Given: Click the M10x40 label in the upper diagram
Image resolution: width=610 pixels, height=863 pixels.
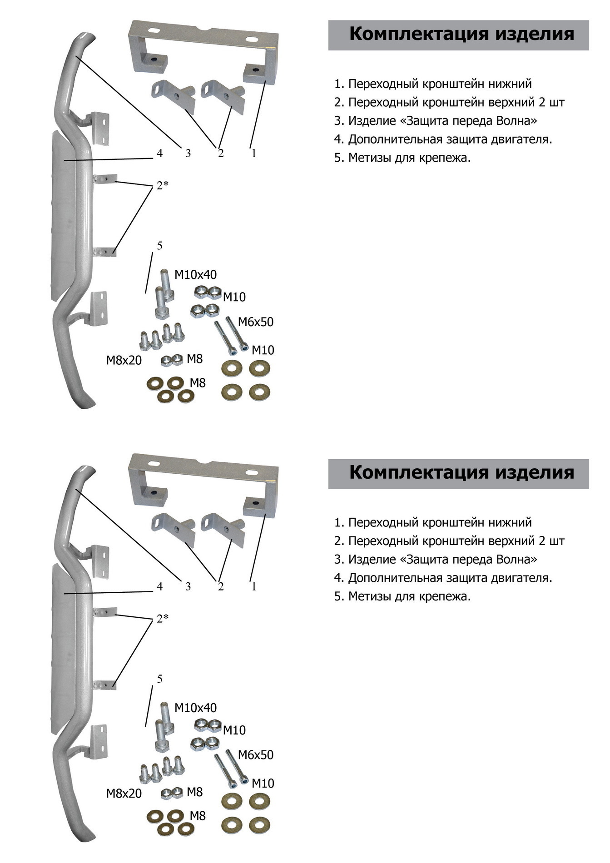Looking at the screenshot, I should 195,275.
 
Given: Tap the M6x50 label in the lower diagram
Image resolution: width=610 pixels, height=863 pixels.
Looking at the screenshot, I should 256,755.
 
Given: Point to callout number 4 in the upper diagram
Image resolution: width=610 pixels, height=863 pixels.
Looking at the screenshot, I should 159,154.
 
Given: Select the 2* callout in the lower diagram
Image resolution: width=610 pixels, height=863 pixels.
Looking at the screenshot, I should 163,618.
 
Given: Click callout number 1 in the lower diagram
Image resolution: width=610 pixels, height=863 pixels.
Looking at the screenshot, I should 254,587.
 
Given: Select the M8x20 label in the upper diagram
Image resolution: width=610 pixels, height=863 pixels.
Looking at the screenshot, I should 124,361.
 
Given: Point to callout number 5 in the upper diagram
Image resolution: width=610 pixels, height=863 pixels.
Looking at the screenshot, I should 159,246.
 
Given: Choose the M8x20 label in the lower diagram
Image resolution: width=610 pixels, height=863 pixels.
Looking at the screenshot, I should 124,794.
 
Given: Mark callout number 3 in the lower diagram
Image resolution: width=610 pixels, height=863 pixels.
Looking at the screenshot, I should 188,587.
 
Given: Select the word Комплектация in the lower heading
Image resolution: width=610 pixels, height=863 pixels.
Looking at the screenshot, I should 419,472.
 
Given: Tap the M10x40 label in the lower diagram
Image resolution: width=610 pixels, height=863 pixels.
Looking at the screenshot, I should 195,708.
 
